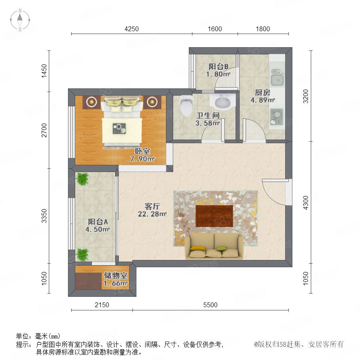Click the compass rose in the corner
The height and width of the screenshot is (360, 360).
point(20,20)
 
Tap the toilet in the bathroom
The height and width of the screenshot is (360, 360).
point(186,106)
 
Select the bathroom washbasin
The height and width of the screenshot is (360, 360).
point(222,102)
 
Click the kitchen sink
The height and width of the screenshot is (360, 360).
point(277,77)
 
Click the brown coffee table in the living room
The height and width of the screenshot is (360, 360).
point(214,216)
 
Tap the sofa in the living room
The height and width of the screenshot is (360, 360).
point(214,246)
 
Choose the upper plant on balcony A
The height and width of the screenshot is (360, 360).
point(82,179)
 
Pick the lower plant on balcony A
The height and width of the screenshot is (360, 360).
point(82,254)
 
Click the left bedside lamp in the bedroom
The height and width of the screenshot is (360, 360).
point(92,101)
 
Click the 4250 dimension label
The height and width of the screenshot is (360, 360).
point(132,29)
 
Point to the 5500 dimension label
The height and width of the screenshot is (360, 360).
point(210,305)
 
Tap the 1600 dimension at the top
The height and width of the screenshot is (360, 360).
point(215,29)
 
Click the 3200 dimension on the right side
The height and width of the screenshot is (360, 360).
point(306,96)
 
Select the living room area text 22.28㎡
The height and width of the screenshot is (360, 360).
point(152,214)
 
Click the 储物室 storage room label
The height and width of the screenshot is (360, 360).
point(116,275)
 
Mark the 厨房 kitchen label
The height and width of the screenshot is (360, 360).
point(263,92)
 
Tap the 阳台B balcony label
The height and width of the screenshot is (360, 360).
point(218,66)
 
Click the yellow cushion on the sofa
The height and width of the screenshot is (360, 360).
point(194,248)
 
